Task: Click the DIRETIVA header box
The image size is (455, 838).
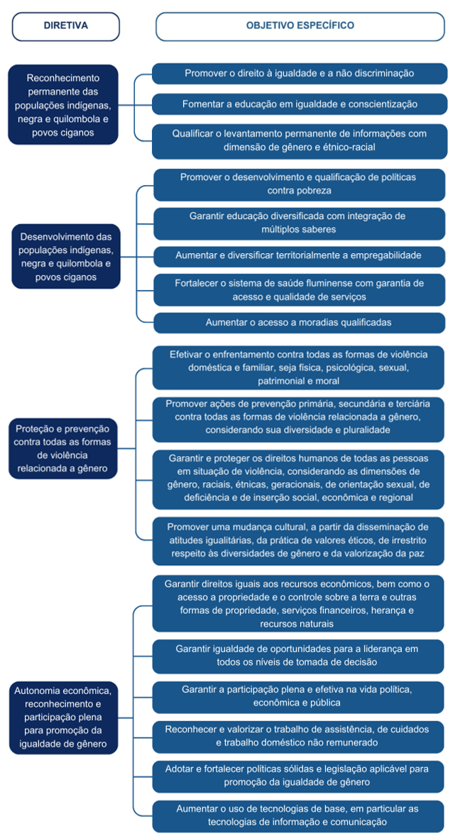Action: coord(65,26)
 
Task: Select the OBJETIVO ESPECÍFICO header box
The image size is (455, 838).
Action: coord(300,26)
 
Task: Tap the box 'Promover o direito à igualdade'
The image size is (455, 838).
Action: coord(300,73)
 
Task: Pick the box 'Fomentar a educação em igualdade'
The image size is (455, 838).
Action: coord(300,104)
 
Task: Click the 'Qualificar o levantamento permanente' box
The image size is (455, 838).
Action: coord(300,140)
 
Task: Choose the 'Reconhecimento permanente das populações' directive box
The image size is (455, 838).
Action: coord(62,104)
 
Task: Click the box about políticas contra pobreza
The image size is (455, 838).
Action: coord(300,184)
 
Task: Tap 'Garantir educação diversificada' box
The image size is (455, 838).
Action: coord(300,223)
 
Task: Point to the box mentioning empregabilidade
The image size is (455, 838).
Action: coord(300,255)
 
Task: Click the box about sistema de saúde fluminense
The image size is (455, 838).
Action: coord(300,289)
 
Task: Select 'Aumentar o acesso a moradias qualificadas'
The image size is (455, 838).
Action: coord(300,323)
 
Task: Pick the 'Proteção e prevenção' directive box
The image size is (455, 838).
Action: coord(64,448)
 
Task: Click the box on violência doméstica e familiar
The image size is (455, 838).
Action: coord(300,367)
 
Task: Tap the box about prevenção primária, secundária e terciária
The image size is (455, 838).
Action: coord(300,416)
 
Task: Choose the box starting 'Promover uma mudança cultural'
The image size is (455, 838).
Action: coord(300,540)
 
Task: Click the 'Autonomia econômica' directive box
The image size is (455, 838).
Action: coord(64,717)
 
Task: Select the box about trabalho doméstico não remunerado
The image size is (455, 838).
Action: coord(300,735)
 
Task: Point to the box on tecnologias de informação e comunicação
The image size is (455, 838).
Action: coord(300,815)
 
